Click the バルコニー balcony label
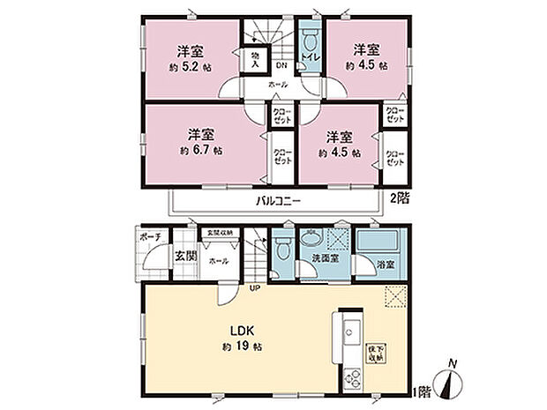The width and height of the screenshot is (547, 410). pyautogui.click(x=279, y=201)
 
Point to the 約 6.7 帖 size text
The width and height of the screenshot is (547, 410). pyautogui.click(x=202, y=150)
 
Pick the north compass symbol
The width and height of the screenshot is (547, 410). pyautogui.click(x=453, y=382)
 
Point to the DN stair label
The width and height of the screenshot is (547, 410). pyautogui.click(x=281, y=64)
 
